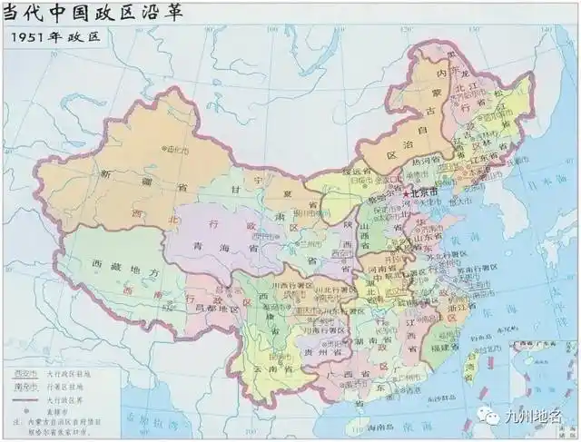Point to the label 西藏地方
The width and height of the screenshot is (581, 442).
coord(101,271)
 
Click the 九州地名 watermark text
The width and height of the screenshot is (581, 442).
coord(539,417)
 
